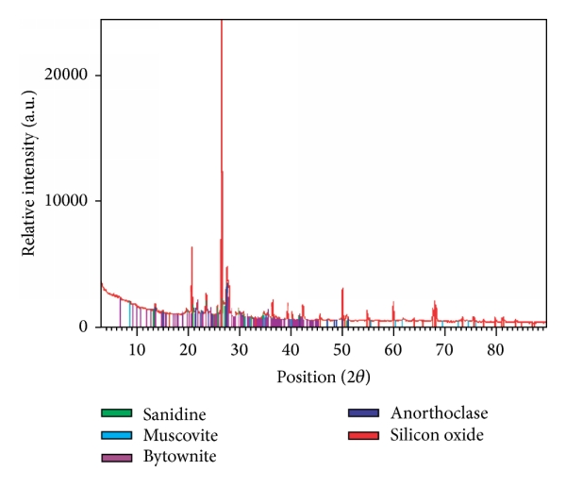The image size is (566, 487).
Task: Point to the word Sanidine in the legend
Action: coord(174,413)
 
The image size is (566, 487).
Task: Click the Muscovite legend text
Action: coord(180,435)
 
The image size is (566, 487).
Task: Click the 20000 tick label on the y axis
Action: coord(75,76)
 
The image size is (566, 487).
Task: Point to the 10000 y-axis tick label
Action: coord(75,201)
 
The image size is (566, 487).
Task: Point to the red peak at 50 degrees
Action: coord(342,291)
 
